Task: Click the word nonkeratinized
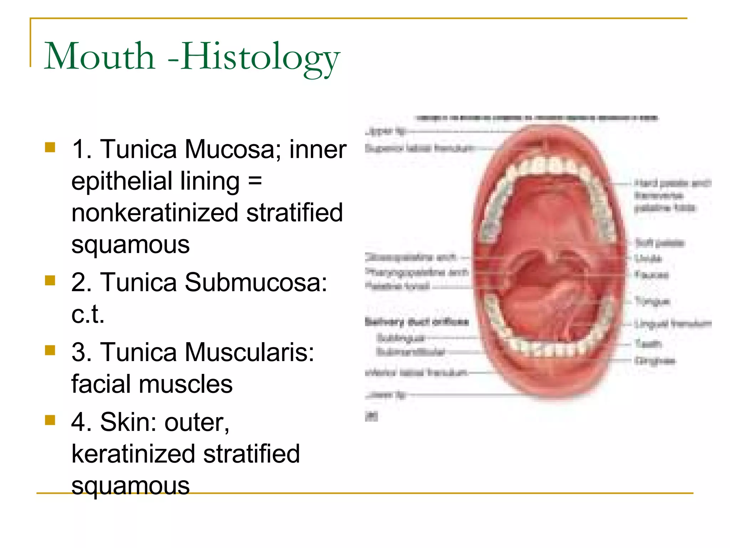(x=154, y=213)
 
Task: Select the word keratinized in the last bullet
(x=133, y=454)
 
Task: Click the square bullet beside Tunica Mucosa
(x=50, y=147)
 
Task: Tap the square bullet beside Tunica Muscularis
(x=50, y=350)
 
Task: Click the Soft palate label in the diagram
(x=660, y=243)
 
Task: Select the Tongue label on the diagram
(x=652, y=301)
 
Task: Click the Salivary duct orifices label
(x=417, y=322)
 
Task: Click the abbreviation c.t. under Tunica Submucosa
(x=88, y=314)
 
